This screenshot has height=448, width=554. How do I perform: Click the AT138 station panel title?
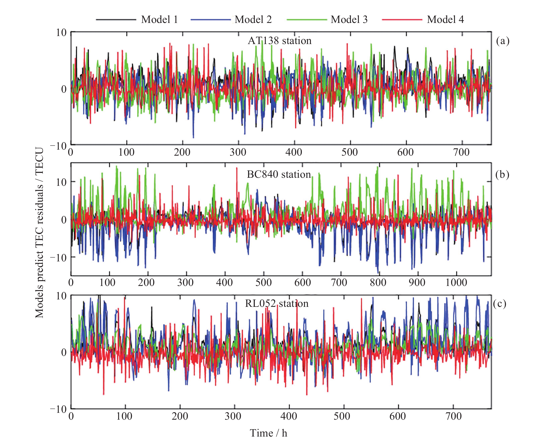[x=280, y=41]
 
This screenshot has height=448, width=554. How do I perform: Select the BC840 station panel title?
[x=279, y=175]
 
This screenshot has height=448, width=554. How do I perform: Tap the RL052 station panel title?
[x=276, y=303]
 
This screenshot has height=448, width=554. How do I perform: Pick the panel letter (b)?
[x=502, y=175]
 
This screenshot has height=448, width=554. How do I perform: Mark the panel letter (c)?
[x=500, y=304]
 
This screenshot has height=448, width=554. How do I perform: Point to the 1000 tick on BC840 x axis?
[x=456, y=283]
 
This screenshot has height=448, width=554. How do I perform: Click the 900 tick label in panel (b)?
[x=417, y=283]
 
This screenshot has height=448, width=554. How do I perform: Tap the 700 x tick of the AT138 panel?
[x=461, y=152]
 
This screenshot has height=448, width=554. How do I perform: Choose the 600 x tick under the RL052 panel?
[x=397, y=416]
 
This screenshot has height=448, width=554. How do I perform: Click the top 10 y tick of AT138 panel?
[x=61, y=33]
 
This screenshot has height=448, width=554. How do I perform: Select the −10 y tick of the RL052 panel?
[x=58, y=409]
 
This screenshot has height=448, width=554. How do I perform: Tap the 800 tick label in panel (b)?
[x=378, y=283]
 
